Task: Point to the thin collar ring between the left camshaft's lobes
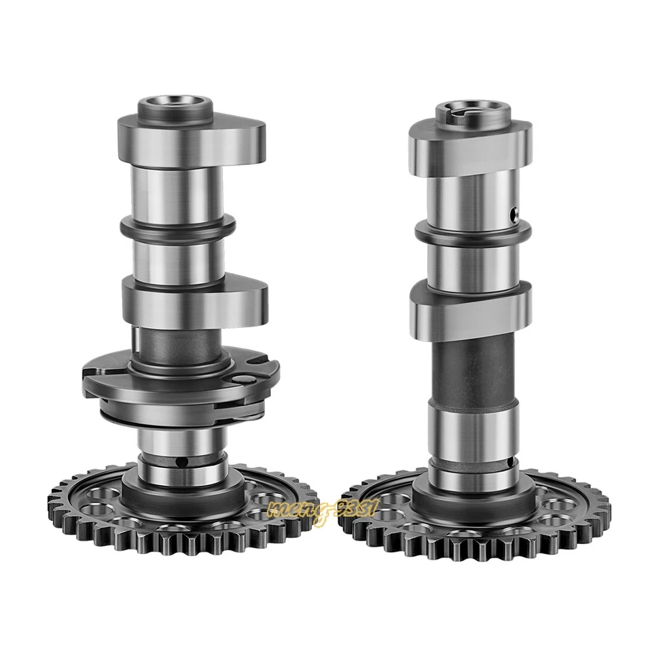(179, 229)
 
